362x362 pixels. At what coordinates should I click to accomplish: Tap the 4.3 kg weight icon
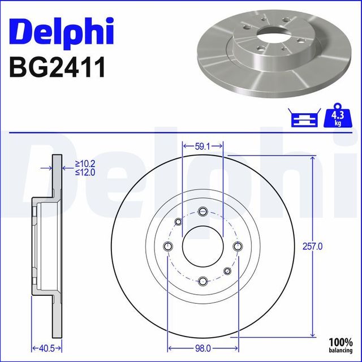[x=336, y=117]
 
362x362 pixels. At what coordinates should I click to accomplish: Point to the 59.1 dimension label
[x=202, y=146]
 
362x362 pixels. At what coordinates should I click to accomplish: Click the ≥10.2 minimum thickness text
[x=85, y=165]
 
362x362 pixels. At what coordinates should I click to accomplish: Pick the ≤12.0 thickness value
[x=85, y=173]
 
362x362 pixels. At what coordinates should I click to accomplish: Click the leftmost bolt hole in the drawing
[x=167, y=246]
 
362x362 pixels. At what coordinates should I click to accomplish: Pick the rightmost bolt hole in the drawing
[x=237, y=246]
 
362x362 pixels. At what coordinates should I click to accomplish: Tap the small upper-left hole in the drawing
[x=178, y=221]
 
